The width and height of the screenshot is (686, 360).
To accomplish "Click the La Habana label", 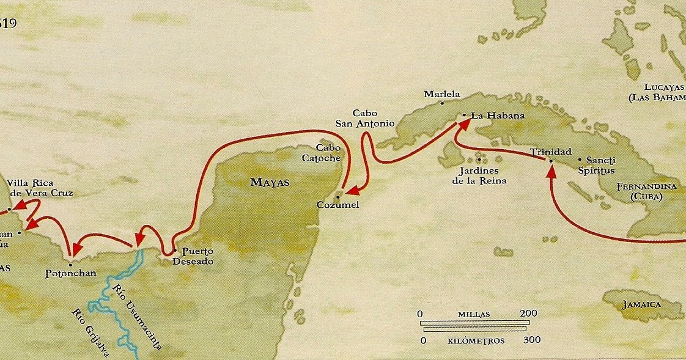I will pyautogui.click(x=489, y=115).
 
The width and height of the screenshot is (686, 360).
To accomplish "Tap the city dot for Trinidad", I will pyautogui.click(x=550, y=161).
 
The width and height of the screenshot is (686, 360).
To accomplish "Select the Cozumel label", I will pyautogui.click(x=337, y=205).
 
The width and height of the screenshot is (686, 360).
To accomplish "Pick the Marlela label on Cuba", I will pyautogui.click(x=441, y=95).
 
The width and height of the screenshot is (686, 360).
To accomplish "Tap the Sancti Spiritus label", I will pyautogui.click(x=596, y=165).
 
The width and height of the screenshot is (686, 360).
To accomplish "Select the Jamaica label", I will pyautogui.click(x=642, y=304).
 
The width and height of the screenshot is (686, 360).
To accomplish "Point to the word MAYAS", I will pyautogui.click(x=270, y=182).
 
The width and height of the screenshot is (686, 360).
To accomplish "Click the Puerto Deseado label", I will pyautogui.click(x=195, y=255).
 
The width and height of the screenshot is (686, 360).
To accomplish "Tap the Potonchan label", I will pyautogui.click(x=71, y=273).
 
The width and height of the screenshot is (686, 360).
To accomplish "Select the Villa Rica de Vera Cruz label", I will pyautogui.click(x=39, y=188).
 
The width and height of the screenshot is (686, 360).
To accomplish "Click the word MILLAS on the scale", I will pyautogui.click(x=473, y=314).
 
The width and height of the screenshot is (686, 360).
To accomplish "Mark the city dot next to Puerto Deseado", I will pyautogui.click(x=175, y=250).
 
